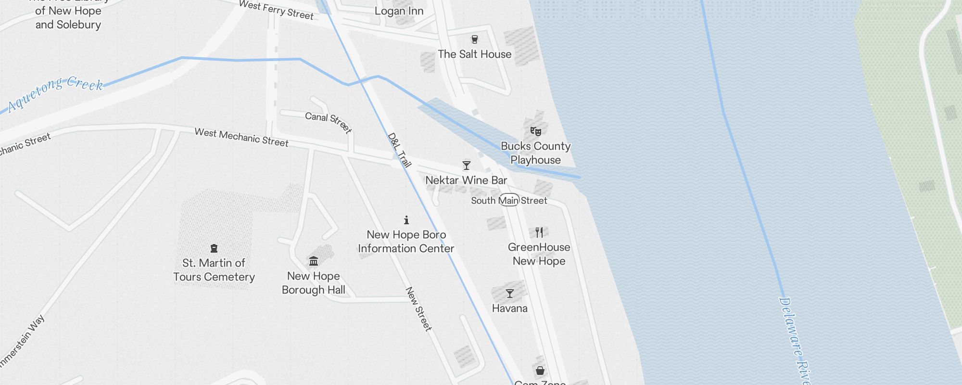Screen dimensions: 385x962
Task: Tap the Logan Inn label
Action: click(x=399, y=11)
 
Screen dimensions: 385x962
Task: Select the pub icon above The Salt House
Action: click(x=475, y=39)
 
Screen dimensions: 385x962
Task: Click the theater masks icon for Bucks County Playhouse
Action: click(x=535, y=131)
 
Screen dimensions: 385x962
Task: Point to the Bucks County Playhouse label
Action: click(x=535, y=153)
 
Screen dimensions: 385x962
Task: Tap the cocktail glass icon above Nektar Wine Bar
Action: click(x=466, y=166)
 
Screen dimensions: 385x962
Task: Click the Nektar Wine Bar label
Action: click(x=466, y=180)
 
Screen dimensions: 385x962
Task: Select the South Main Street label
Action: click(x=509, y=200)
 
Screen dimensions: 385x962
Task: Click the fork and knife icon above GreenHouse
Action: click(x=539, y=232)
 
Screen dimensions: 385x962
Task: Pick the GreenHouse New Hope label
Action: click(x=539, y=254)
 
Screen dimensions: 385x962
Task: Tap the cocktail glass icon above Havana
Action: click(x=510, y=294)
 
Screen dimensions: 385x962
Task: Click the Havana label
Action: click(x=510, y=308)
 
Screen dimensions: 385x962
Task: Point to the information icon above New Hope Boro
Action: click(x=406, y=220)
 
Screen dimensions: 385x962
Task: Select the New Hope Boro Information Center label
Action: click(x=406, y=242)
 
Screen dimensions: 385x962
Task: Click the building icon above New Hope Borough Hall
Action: click(x=314, y=261)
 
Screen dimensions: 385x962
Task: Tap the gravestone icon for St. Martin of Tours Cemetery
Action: click(x=214, y=248)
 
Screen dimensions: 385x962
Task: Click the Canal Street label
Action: click(x=329, y=123)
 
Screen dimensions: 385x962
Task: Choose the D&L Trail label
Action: click(x=399, y=150)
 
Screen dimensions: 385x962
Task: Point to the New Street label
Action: click(x=418, y=309)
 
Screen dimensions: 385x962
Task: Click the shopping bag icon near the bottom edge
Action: click(x=540, y=371)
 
